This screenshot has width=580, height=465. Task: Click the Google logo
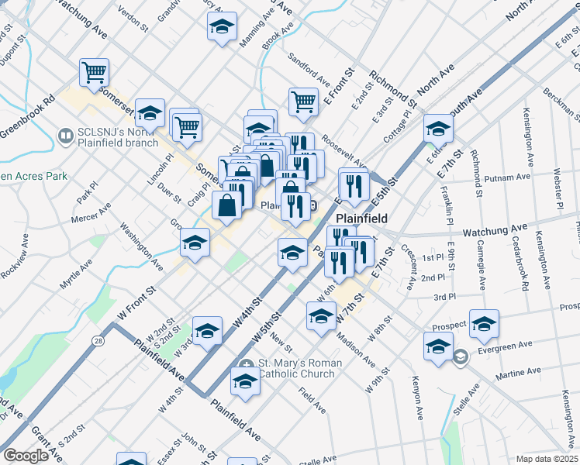point(26,456)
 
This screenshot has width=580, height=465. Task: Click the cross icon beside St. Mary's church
point(247,364)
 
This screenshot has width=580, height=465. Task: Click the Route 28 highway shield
point(97,319)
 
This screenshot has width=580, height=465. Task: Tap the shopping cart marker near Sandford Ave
point(303,101)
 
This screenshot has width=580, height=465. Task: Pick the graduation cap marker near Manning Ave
point(222,26)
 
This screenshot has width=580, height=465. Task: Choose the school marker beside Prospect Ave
point(484,324)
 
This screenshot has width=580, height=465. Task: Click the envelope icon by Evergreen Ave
point(461,357)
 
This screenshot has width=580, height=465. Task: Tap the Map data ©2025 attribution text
point(547,459)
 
